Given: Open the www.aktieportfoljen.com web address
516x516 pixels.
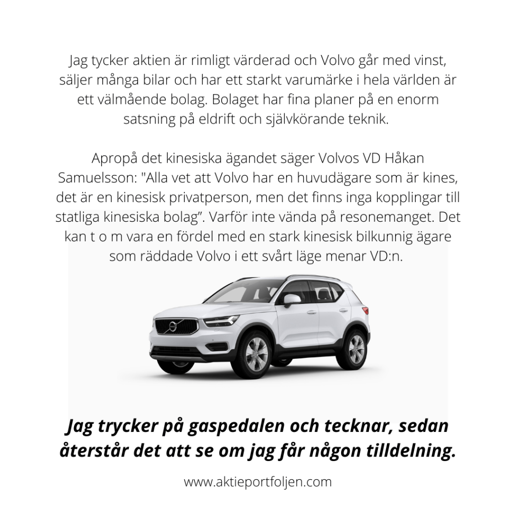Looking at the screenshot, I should click(x=258, y=482).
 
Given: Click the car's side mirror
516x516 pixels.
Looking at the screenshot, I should click(x=291, y=300).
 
